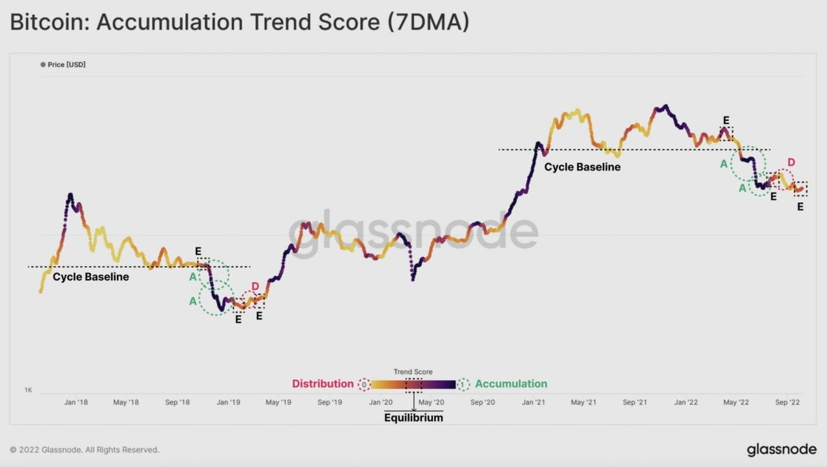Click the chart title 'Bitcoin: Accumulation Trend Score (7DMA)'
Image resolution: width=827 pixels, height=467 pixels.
[239, 23]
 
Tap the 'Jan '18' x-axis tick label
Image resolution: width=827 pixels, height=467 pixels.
[76, 402]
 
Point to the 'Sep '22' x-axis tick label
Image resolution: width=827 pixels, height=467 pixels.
[788, 402]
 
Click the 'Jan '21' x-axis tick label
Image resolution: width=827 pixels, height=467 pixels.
[533, 402]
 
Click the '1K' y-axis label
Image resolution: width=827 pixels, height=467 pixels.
[28, 391]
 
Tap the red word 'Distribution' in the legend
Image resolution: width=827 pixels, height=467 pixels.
[322, 384]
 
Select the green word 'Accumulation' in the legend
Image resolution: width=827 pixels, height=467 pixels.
[511, 384]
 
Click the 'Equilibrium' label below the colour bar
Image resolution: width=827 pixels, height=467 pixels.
[413, 418]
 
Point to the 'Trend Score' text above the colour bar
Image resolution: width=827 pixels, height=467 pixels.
[413, 372]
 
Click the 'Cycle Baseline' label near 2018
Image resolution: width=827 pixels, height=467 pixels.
[90, 277]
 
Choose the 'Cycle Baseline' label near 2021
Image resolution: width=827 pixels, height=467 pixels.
[582, 167]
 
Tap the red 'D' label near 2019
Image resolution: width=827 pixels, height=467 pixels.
[255, 287]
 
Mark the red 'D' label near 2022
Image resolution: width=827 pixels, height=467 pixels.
[791, 162]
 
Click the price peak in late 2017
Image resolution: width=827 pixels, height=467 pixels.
[70, 194]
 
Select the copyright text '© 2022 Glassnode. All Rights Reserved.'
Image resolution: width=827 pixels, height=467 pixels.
[85, 450]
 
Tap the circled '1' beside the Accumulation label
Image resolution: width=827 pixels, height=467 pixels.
[462, 384]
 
